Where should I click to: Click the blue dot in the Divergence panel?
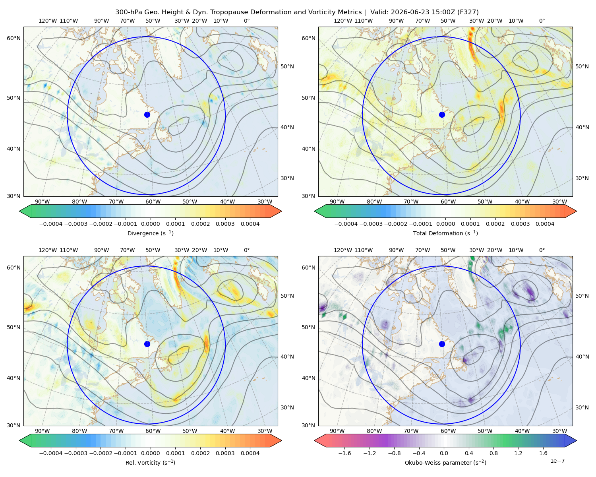[147, 115]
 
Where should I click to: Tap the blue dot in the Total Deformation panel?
[442, 115]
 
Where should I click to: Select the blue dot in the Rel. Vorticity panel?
[147, 344]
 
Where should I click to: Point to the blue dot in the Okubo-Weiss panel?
[442, 344]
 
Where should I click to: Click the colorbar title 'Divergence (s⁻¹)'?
[150, 233]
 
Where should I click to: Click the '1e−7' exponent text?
[557, 461]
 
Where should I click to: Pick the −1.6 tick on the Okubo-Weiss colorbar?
[344, 453]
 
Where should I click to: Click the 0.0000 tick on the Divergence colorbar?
[150, 224]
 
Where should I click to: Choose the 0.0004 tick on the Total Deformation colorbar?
[545, 224]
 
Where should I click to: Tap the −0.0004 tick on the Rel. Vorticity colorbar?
[51, 453]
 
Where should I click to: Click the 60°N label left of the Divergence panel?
[14, 38]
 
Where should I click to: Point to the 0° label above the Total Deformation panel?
[542, 21]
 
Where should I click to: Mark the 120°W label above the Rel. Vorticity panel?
[48, 250]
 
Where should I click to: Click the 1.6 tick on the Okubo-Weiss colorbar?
[544, 453]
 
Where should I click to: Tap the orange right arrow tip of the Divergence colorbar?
[281, 211]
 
